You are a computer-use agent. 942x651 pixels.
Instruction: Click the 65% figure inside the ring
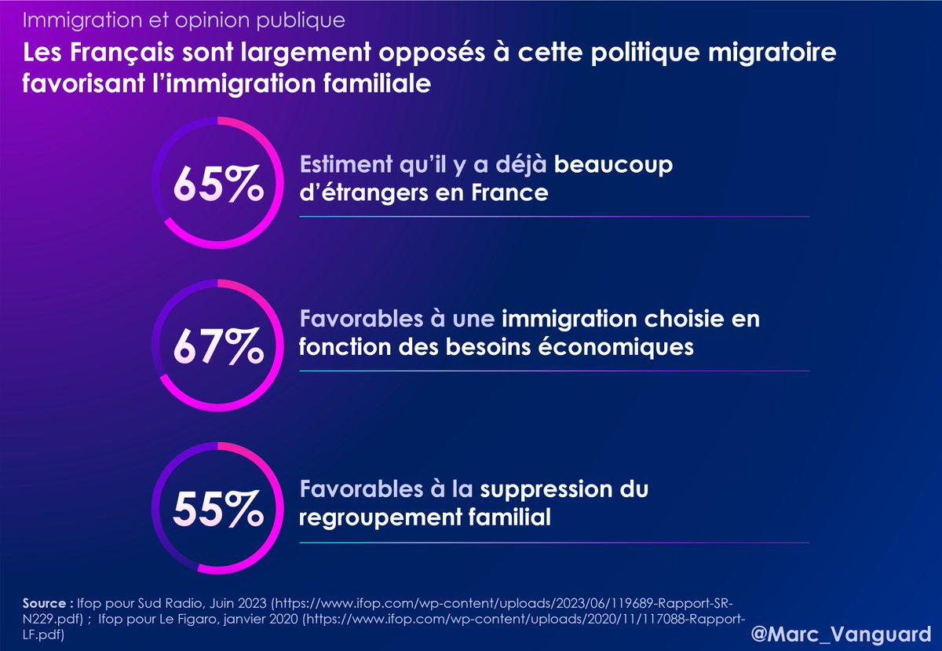(217, 183)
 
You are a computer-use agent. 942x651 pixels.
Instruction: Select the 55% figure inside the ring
(217, 510)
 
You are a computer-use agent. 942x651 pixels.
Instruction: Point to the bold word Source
(44, 604)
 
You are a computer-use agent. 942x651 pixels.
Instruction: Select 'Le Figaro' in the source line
(181, 619)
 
